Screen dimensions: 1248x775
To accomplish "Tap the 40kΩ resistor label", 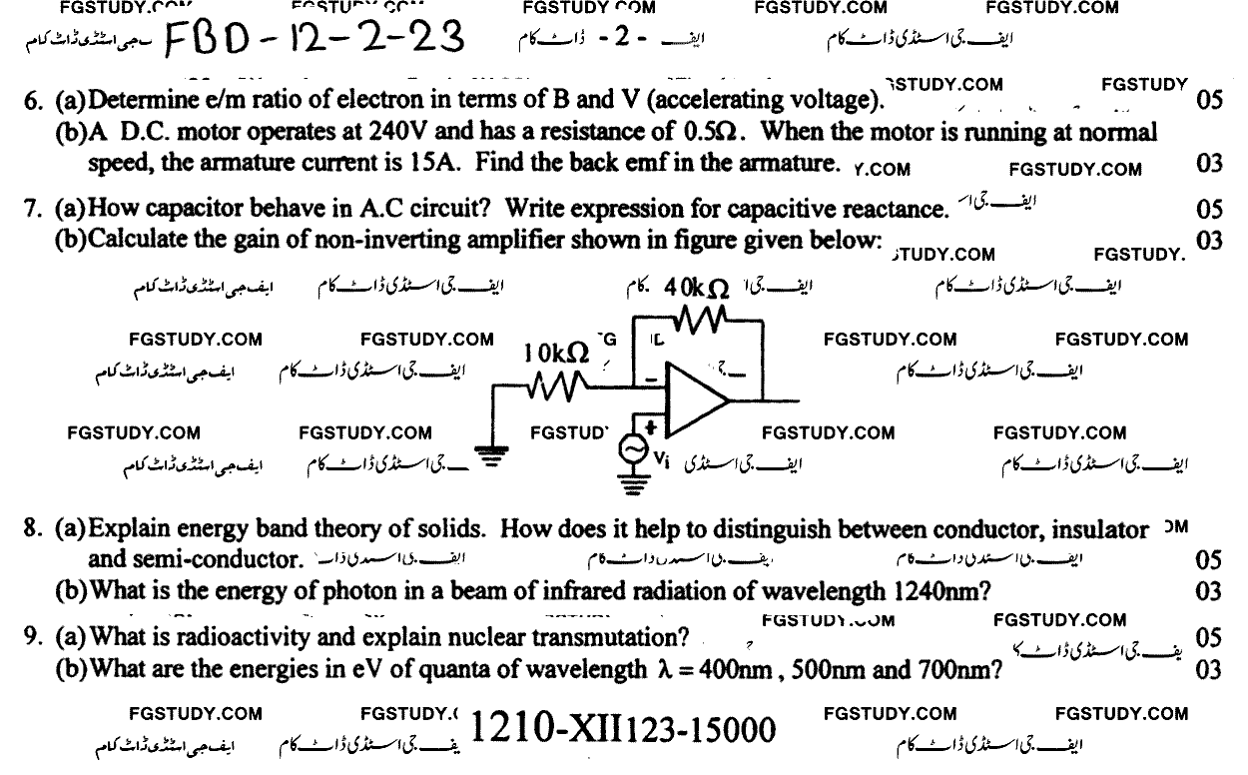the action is (696, 288).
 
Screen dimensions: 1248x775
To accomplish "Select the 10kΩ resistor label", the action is (556, 353).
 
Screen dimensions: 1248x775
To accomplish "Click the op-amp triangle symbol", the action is (696, 392).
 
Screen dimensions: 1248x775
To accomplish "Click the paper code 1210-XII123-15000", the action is (621, 730).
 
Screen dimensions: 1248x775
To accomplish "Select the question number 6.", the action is (31, 102).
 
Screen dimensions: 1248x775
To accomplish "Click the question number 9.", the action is (31, 637).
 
